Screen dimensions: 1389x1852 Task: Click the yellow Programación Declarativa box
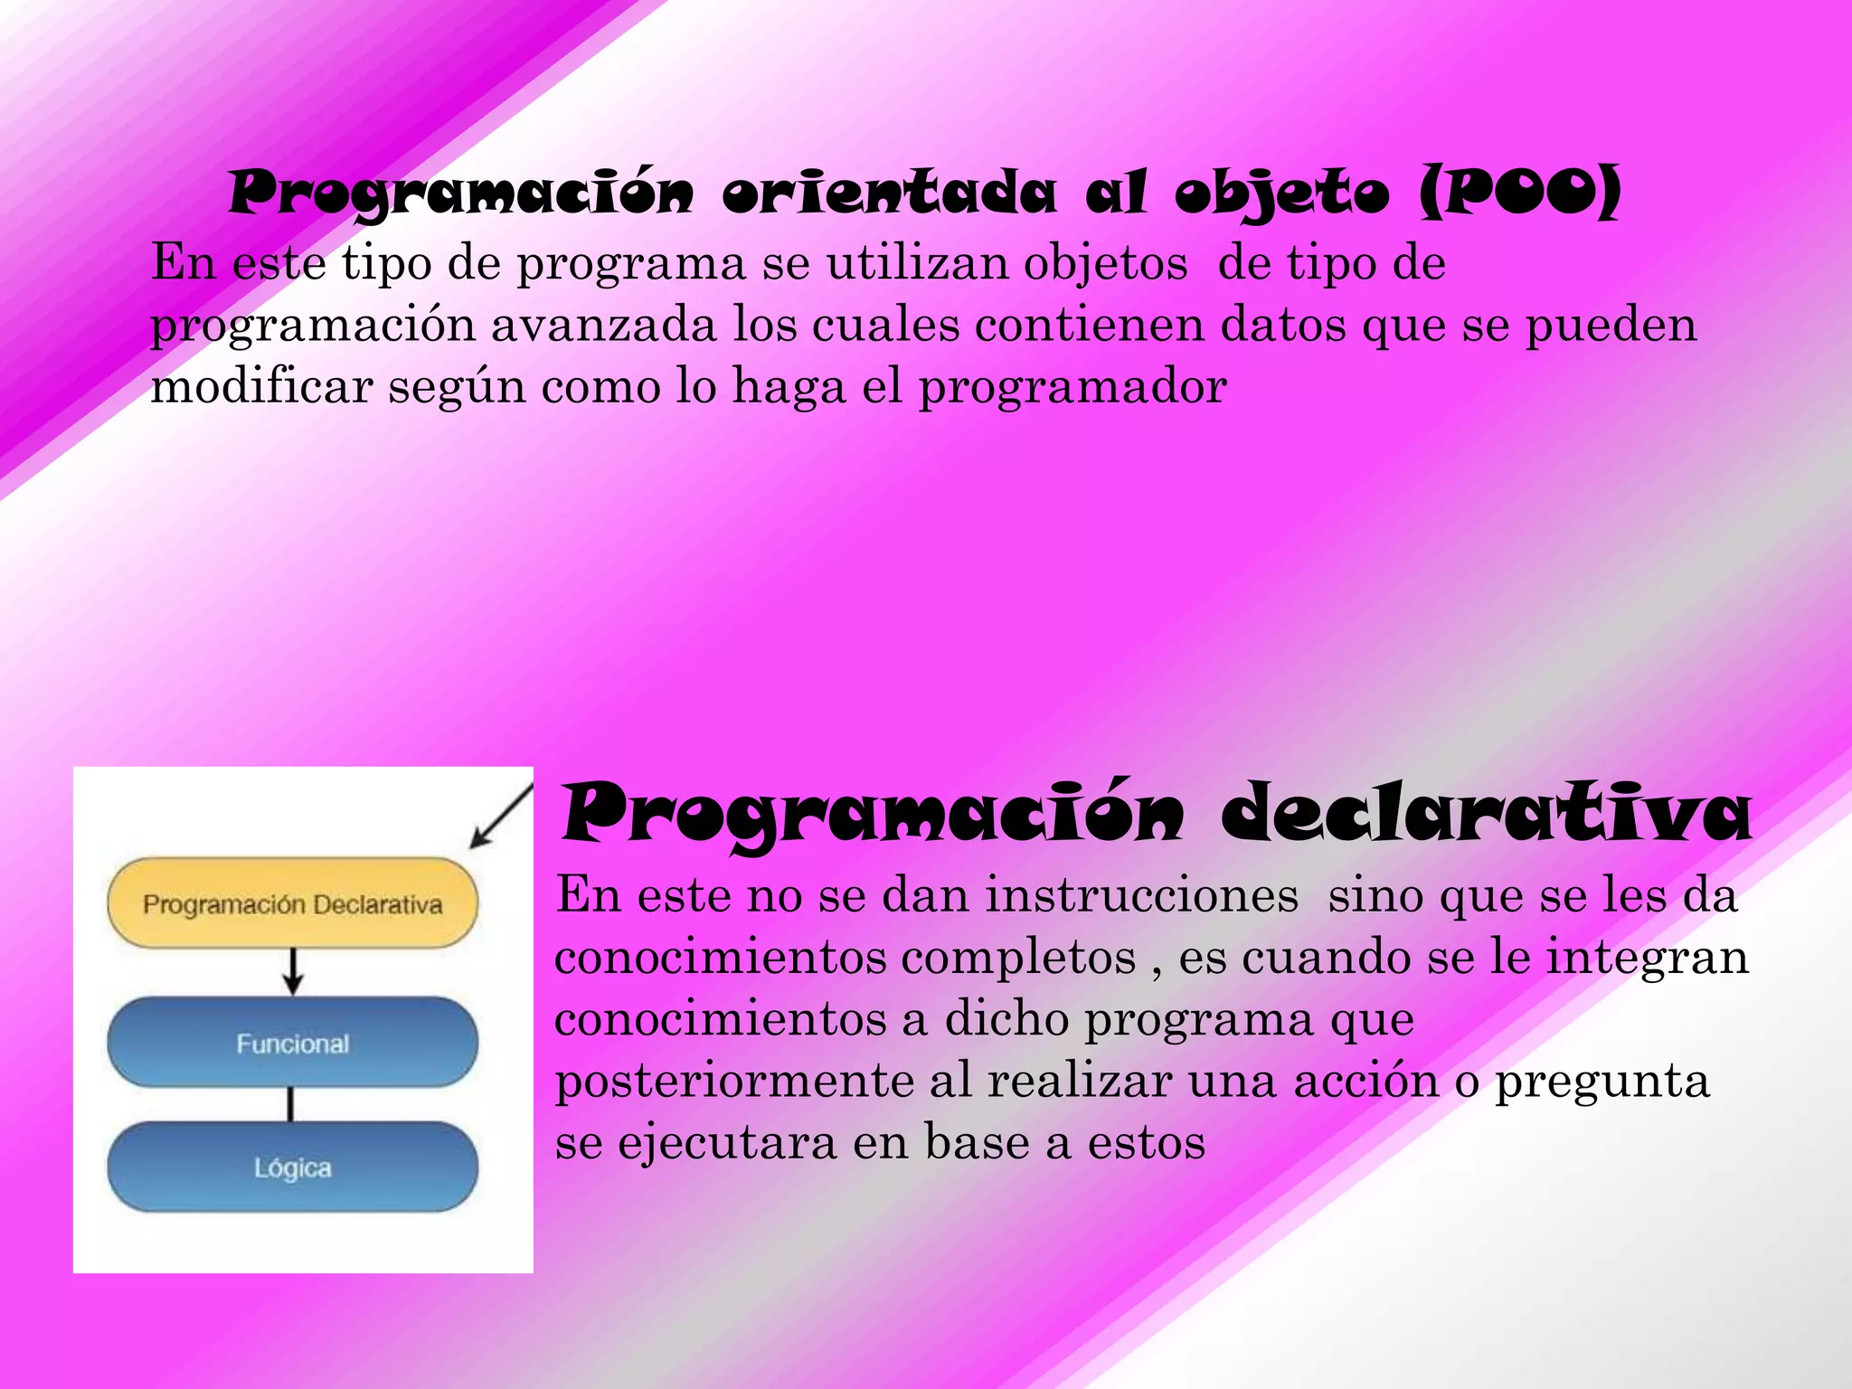tap(292, 903)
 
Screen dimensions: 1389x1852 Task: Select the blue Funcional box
tap(292, 1043)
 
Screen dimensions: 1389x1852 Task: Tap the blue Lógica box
tap(292, 1167)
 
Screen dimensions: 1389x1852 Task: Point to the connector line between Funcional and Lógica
tap(290, 1104)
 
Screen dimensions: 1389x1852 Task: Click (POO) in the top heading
tap(1520, 192)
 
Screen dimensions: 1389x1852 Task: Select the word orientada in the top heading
tap(889, 192)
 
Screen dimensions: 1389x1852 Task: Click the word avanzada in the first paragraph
tap(603, 325)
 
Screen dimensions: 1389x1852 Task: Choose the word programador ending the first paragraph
tap(1072, 387)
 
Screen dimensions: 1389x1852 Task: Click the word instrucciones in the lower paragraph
tap(1141, 895)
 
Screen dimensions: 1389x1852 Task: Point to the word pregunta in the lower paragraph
tap(1602, 1082)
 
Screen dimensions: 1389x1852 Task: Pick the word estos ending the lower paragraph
tap(1146, 1143)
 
